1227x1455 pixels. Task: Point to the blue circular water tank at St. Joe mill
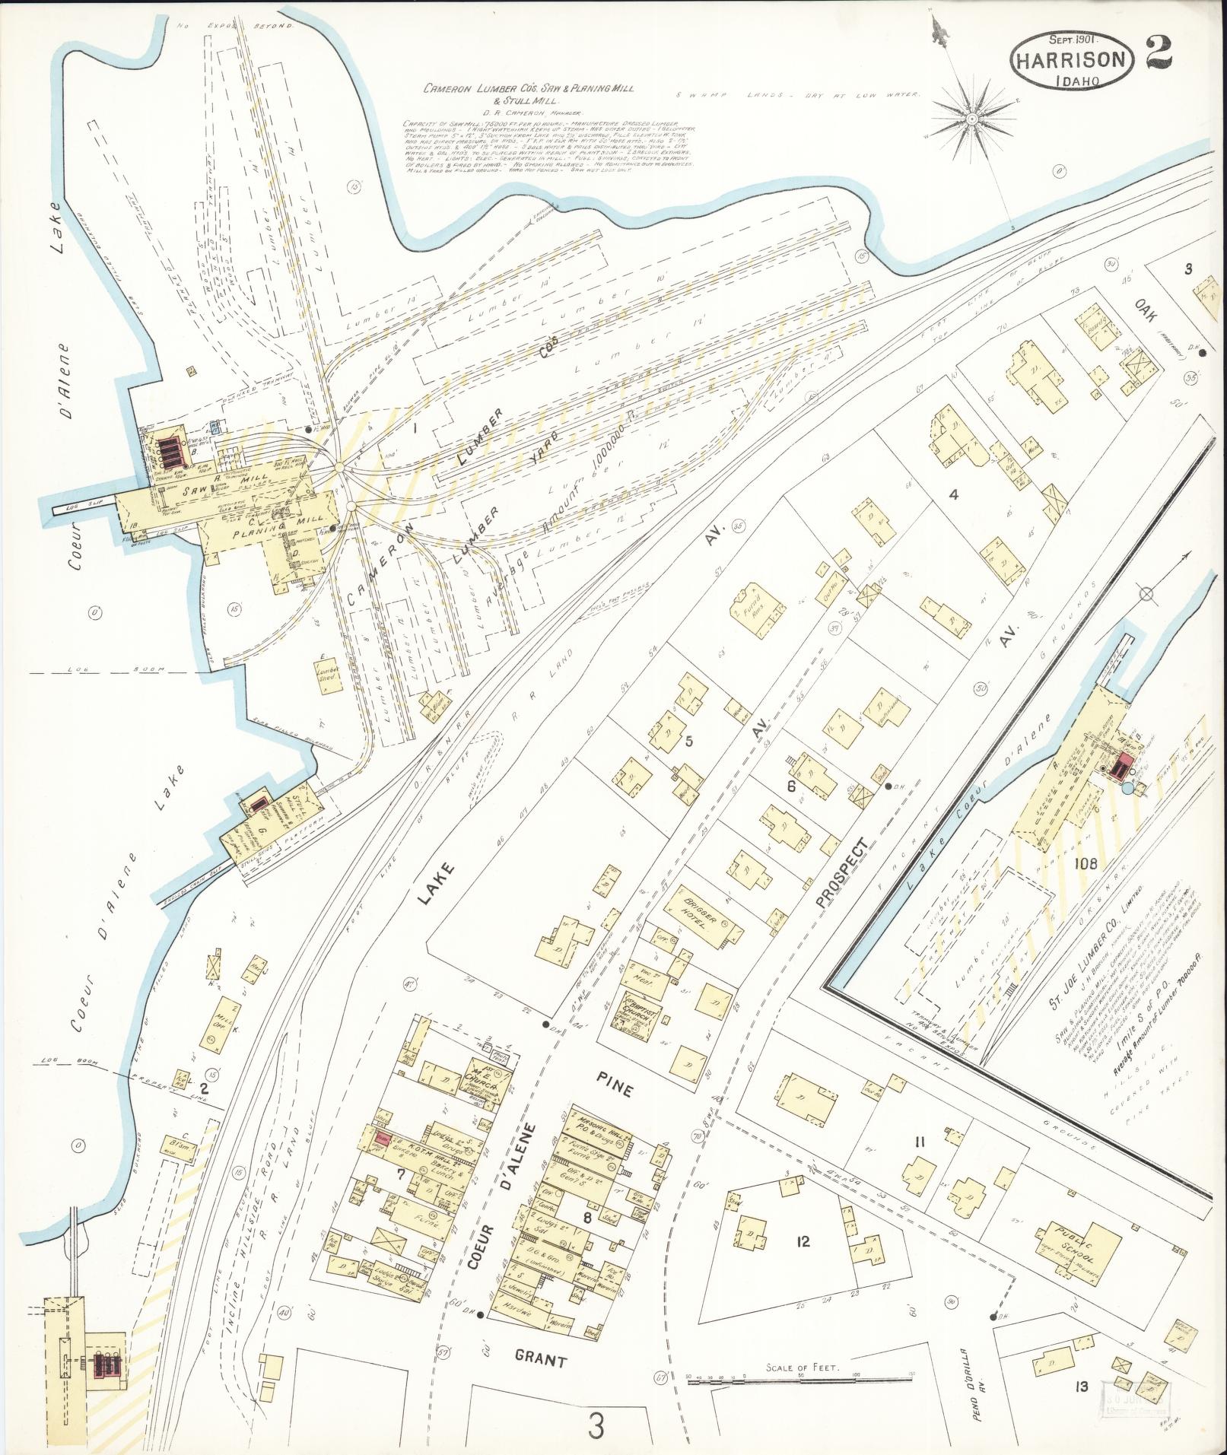point(1126,789)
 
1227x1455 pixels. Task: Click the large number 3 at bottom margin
point(595,1426)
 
